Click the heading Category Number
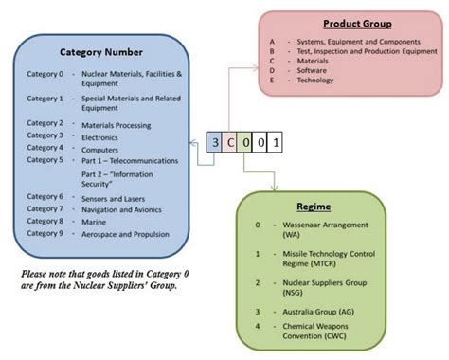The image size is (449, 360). click(x=101, y=52)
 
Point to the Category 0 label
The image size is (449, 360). click(x=45, y=72)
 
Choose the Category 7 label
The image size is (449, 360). click(x=45, y=208)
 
